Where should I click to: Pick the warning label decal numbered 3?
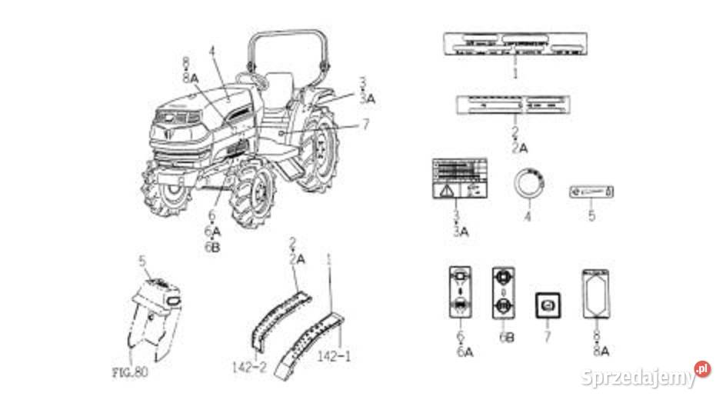459,179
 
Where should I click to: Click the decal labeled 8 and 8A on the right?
597,294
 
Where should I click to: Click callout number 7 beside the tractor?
365,123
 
